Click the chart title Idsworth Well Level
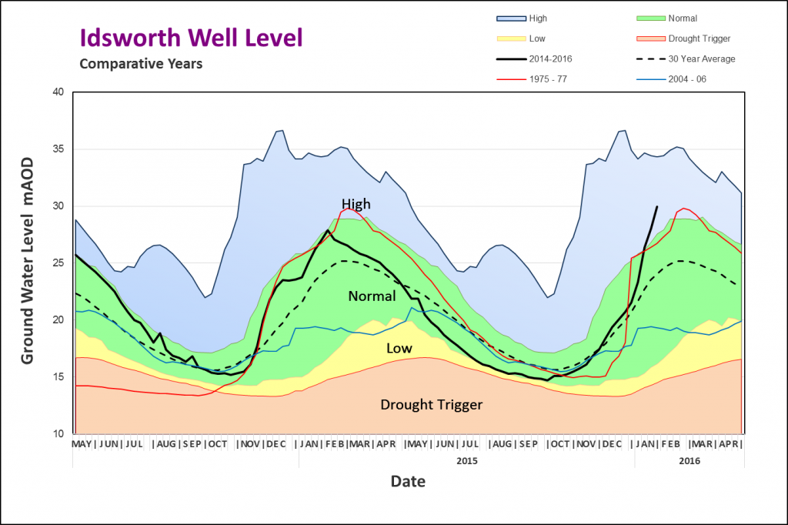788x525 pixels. [192, 38]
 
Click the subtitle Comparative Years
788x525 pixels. [142, 64]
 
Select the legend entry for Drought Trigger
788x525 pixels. [683, 38]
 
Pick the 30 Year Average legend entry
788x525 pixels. [686, 59]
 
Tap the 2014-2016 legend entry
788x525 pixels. [534, 59]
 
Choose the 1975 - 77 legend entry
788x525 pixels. [532, 79]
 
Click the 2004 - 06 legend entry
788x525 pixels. [671, 79]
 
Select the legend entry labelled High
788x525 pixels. [522, 18]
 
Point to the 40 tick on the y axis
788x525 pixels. [58, 92]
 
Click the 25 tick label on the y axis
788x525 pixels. [58, 263]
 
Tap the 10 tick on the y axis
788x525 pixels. [58, 433]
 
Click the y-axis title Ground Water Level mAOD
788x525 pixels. [27, 260]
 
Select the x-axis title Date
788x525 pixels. [408, 481]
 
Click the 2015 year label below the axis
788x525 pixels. [467, 460]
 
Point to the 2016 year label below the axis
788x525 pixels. [689, 460]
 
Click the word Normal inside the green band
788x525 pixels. [372, 296]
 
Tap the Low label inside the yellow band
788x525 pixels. [399, 348]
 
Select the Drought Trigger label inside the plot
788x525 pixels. [431, 405]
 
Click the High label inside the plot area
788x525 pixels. [356, 204]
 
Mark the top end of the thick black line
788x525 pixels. [657, 206]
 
